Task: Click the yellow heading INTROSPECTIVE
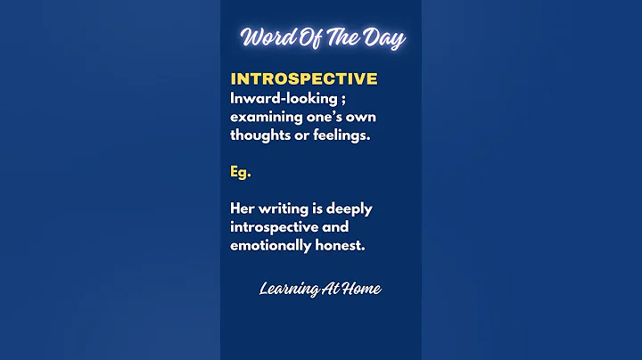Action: coord(303,79)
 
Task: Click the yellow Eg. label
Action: coord(240,173)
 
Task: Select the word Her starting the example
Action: coord(243,209)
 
